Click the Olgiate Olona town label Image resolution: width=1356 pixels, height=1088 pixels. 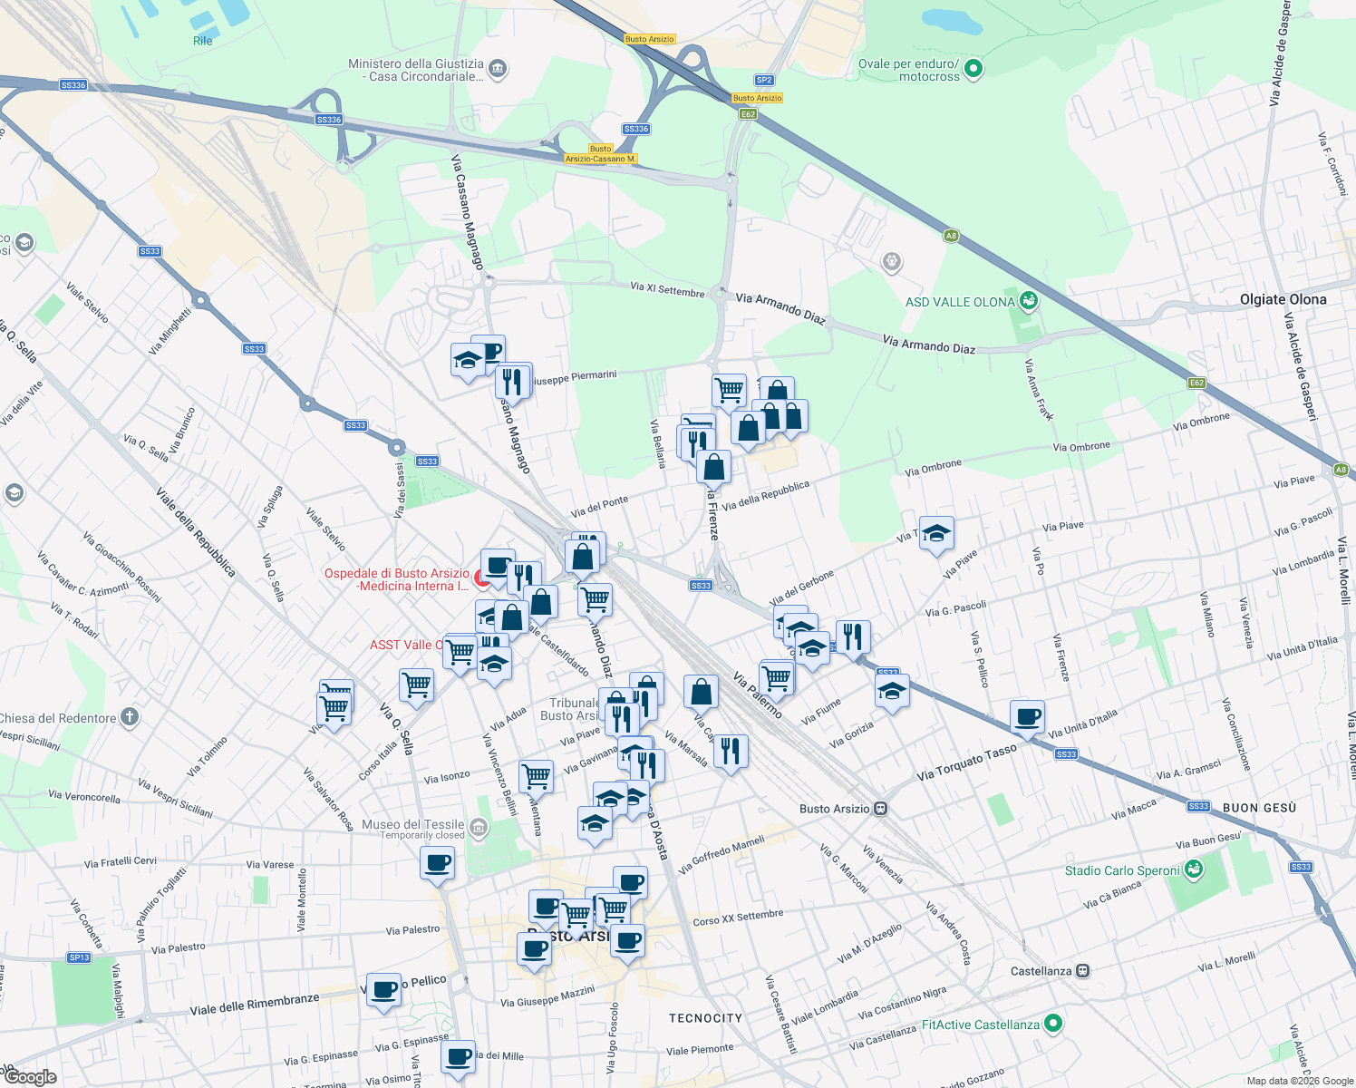(1283, 299)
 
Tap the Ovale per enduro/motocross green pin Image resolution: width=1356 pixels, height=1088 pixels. (973, 69)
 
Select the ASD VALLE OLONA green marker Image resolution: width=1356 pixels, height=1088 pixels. (1028, 300)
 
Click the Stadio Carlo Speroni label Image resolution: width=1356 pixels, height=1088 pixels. (1122, 870)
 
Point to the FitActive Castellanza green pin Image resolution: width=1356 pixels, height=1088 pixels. (1052, 1024)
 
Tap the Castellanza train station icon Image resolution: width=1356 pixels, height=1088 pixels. (1082, 971)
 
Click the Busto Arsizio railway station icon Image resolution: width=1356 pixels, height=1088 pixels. (880, 809)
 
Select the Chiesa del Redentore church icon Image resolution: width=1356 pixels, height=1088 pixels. (130, 717)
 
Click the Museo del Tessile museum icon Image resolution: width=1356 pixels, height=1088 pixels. (479, 827)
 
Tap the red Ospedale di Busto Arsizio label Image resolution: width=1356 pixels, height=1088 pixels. (397, 579)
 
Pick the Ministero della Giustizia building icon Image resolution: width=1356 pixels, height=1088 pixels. (497, 69)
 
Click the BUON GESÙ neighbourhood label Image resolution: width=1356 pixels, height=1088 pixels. (1259, 808)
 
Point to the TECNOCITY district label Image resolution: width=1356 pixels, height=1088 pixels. (705, 1018)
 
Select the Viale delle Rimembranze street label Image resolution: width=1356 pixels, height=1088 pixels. (255, 1004)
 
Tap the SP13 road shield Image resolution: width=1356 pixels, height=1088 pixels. (79, 957)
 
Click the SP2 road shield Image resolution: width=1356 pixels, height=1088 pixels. (764, 80)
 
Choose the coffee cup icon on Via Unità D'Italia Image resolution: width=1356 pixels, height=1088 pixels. (1027, 717)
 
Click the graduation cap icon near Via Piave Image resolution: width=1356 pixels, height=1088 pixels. (936, 534)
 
